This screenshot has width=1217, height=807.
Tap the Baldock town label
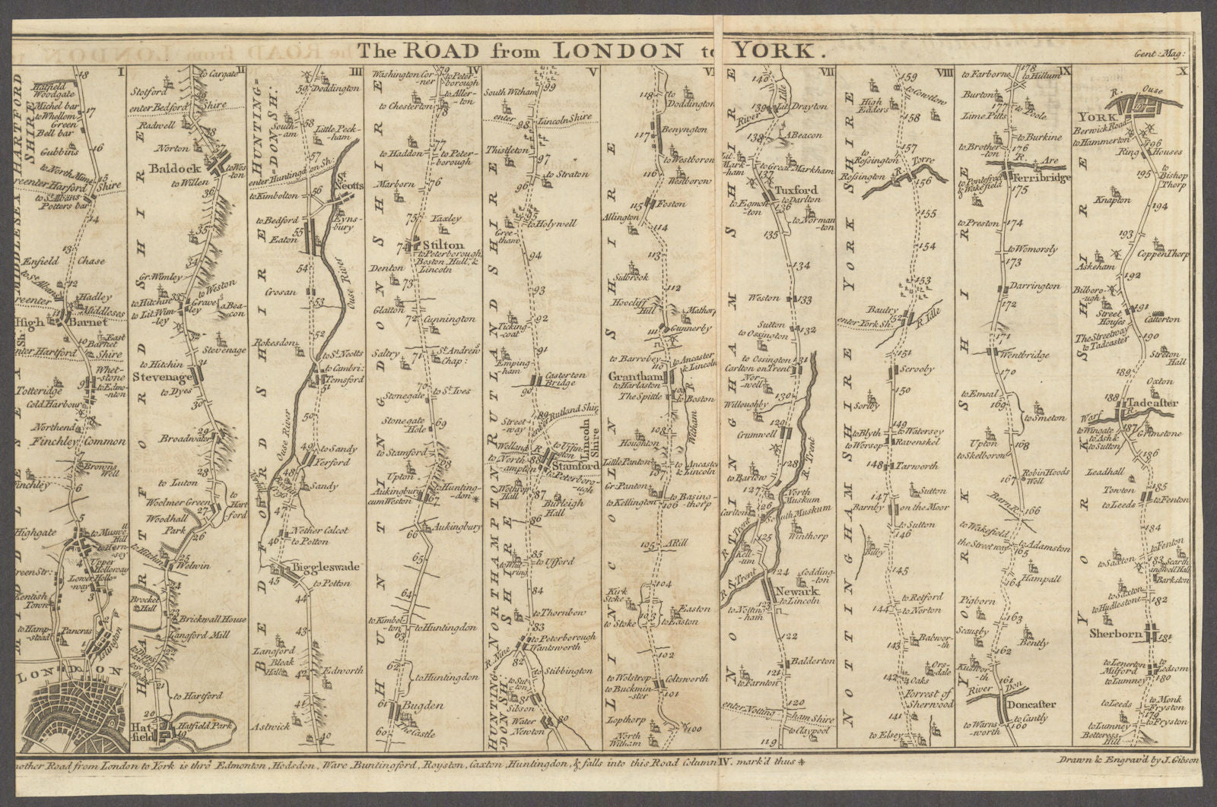coord(176,146)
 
